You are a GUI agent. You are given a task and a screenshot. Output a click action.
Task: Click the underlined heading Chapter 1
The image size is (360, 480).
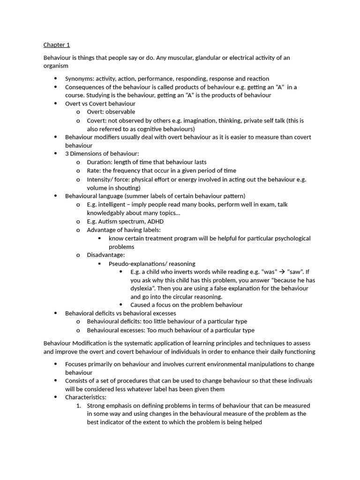[x=57, y=45]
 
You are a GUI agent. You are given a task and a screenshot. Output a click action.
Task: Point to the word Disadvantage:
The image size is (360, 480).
[x=106, y=255]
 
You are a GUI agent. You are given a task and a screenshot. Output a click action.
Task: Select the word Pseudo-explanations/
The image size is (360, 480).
[x=136, y=263]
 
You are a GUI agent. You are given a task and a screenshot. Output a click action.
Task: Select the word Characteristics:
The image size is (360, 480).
[x=86, y=397]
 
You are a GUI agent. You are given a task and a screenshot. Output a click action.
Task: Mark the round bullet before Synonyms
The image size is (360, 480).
[x=55, y=79]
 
